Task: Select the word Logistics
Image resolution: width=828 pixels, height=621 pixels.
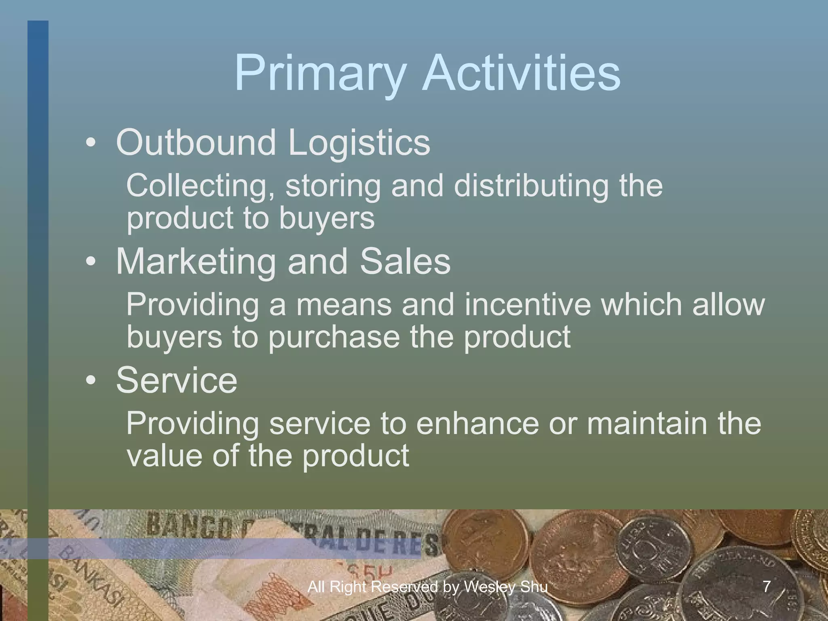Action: [x=359, y=144]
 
